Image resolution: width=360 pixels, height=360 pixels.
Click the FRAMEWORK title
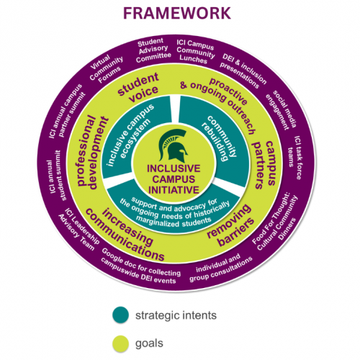click(x=177, y=13)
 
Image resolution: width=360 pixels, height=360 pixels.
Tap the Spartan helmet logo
click(x=174, y=145)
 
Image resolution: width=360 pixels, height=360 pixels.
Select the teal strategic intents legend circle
click(x=121, y=315)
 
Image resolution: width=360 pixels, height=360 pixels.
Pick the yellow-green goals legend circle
click(x=121, y=343)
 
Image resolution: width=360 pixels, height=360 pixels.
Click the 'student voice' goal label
click(x=139, y=87)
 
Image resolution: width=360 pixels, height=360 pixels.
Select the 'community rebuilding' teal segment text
click(x=219, y=139)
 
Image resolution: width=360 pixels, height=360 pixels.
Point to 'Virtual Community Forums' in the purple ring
click(x=106, y=69)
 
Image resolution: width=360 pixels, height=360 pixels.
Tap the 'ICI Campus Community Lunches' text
click(x=195, y=51)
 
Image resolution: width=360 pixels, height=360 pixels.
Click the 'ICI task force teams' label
click(x=294, y=158)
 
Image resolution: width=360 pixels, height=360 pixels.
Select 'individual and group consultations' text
click(x=220, y=268)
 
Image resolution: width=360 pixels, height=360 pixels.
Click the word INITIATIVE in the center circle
click(x=174, y=190)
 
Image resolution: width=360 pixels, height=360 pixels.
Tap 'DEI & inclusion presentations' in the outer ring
click(x=243, y=71)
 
